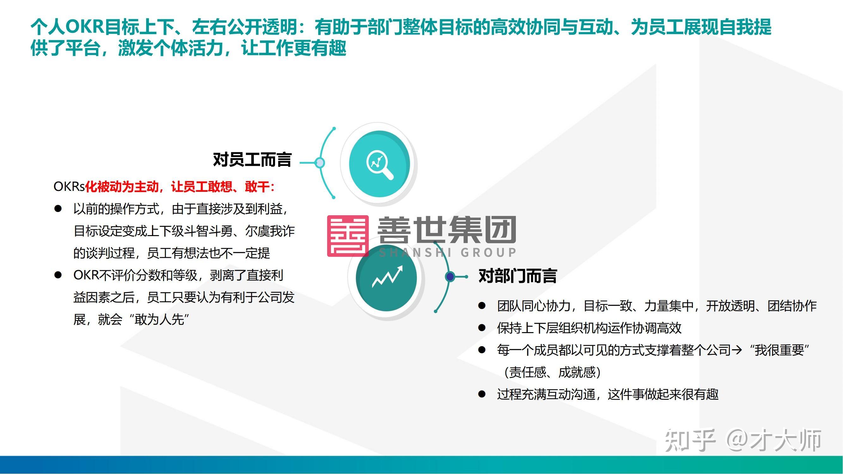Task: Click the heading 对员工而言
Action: tap(252, 160)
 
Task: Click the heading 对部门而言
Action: tap(518, 276)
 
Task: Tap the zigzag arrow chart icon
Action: tap(388, 277)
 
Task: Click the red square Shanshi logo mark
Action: tap(348, 236)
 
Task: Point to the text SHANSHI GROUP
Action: tap(447, 252)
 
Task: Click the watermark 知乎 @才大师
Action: tap(743, 440)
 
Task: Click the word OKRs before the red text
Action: tap(69, 186)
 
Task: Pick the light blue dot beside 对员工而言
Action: tap(320, 162)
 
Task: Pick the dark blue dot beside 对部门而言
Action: tap(450, 277)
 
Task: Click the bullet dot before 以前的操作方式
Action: tap(58, 209)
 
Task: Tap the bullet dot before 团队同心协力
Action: tap(482, 306)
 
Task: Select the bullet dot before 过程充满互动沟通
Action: tap(482, 394)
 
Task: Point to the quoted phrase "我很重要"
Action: tap(779, 350)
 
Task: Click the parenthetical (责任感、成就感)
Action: tap(552, 372)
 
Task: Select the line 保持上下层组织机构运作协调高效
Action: tap(589, 328)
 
